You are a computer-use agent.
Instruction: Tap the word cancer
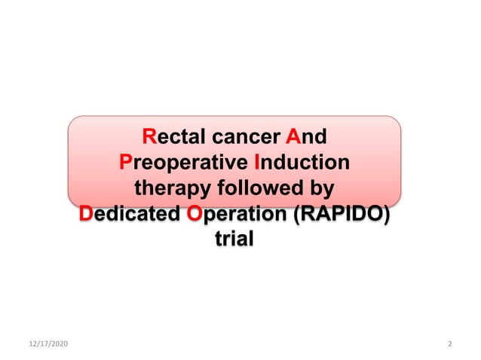coord(242,138)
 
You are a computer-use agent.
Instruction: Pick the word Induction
coord(302,163)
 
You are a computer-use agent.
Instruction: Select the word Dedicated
coord(129,213)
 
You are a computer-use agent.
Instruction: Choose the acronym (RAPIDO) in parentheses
coord(342,213)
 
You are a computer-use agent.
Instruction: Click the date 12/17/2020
coord(47,343)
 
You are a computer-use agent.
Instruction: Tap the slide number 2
coord(449,343)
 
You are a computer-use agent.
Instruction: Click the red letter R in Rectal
coord(149,138)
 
